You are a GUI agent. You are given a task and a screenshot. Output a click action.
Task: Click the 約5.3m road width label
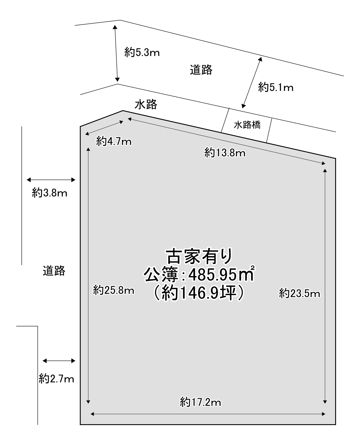click(142, 52)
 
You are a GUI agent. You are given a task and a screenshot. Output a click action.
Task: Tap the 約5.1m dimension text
click(276, 87)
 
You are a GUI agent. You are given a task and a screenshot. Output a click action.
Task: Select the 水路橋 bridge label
click(247, 125)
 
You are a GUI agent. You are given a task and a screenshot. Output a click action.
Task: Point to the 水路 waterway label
click(146, 104)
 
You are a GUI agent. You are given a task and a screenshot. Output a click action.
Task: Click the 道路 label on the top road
click(201, 70)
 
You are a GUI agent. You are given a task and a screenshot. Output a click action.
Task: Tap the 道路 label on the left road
click(54, 271)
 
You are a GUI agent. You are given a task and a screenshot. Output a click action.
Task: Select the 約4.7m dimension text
click(114, 142)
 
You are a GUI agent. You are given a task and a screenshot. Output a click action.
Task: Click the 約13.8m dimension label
click(225, 153)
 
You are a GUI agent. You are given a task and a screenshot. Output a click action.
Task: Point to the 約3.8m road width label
click(49, 192)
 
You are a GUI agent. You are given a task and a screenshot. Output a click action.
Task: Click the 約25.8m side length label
click(114, 290)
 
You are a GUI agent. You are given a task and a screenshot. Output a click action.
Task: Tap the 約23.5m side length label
click(300, 293)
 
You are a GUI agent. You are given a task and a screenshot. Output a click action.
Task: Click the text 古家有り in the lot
click(199, 257)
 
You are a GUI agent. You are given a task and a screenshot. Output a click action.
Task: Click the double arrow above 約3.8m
click(51, 180)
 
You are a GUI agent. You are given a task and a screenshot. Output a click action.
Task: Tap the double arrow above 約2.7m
click(59, 367)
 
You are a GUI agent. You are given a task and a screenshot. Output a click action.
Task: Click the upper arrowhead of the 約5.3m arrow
click(115, 27)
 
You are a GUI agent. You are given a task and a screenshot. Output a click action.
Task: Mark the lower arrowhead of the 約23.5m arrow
click(325, 402)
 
